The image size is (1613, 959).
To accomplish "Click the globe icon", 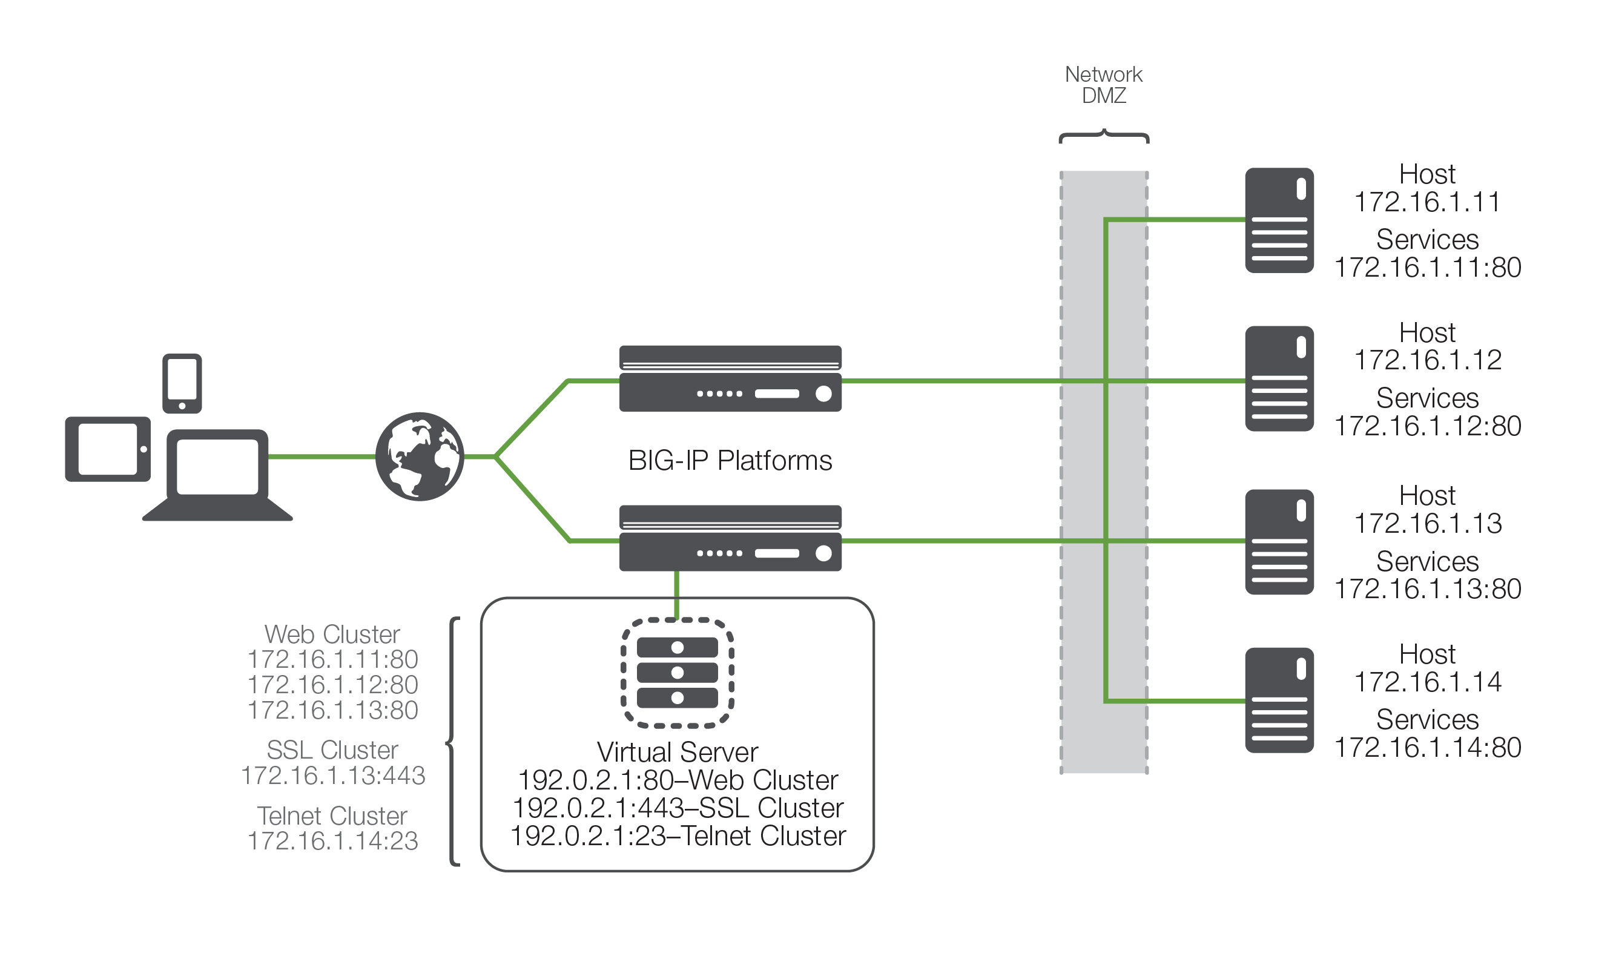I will pos(420,456).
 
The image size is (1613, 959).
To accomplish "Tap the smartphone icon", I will pos(182,383).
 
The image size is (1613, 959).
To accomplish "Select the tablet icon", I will pos(107,449).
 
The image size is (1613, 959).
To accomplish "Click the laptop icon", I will pos(217,475).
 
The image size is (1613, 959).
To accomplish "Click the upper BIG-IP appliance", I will pos(730,378).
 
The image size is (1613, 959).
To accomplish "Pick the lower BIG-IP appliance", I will pos(730,538).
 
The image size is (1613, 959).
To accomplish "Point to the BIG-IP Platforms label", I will pos(730,461).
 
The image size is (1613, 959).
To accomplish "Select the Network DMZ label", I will pos(1103,85).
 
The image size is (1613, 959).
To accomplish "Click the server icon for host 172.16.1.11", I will pos(1279,220).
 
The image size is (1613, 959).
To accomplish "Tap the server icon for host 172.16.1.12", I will pos(1279,378).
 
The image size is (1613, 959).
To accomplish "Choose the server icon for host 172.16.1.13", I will pos(1279,542).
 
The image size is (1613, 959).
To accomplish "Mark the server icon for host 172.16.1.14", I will pos(1279,700).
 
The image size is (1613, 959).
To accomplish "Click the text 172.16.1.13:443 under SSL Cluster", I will pos(333,776).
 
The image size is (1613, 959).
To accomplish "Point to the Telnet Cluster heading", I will pos(332,816).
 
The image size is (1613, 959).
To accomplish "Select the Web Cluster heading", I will pos(332,634).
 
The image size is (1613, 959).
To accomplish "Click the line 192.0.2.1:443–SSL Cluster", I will pos(678,808).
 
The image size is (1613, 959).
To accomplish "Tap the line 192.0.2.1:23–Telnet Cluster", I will pos(678,836).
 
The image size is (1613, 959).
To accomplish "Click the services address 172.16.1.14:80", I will pos(1427,748).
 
